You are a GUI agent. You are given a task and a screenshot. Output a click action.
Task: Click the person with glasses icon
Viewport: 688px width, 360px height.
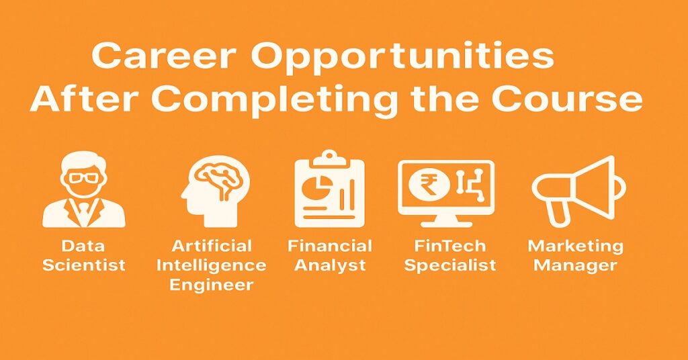point(84,191)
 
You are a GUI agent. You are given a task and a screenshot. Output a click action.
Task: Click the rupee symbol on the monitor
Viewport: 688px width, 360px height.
point(426,185)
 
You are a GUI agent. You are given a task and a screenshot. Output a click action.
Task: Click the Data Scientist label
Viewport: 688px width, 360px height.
point(84,255)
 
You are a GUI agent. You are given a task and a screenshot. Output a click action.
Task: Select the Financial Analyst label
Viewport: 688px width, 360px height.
point(329,255)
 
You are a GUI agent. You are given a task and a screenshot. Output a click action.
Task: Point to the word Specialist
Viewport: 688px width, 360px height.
point(450,265)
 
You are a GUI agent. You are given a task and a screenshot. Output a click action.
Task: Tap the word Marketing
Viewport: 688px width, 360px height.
point(575,246)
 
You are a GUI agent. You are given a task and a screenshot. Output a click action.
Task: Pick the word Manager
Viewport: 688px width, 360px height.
point(575,265)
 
